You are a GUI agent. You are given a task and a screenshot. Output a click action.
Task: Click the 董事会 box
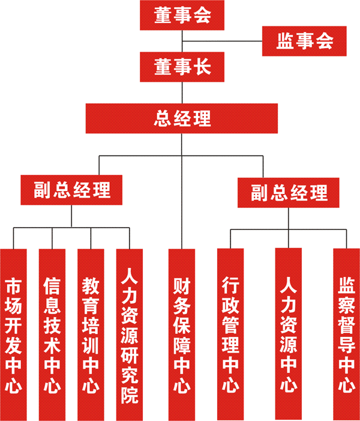point(182,16)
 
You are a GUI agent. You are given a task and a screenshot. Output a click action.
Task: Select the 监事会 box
point(304,41)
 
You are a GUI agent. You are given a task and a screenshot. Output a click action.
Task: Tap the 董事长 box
point(182,66)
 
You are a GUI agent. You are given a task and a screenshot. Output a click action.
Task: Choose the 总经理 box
point(182,118)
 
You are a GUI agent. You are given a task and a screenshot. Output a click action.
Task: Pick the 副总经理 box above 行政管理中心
point(289,193)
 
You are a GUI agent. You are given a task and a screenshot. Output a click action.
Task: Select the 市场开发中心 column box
point(13,333)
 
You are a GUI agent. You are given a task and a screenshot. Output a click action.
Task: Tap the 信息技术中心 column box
point(52,333)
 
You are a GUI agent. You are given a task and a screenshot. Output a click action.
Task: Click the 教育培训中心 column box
point(91,333)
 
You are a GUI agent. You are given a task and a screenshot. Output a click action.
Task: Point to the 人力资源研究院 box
point(130,333)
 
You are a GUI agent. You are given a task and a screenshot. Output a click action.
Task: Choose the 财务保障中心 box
point(182,333)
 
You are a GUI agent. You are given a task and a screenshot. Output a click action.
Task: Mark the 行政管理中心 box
point(231,333)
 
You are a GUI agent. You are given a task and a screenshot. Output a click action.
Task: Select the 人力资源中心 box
point(289,333)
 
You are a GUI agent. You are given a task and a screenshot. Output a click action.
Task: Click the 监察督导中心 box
point(346,333)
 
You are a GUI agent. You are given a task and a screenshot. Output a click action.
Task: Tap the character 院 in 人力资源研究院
point(130,396)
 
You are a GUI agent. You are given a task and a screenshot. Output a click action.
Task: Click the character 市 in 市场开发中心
point(13,283)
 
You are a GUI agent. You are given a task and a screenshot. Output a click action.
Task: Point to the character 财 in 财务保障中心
point(182,283)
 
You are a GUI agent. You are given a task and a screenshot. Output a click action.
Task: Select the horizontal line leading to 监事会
point(222,41)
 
